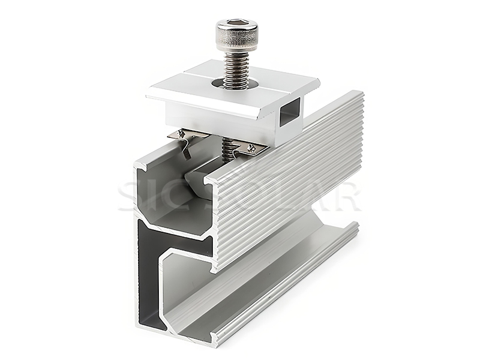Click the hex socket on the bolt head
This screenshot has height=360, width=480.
237,25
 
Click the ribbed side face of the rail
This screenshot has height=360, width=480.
288,180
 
